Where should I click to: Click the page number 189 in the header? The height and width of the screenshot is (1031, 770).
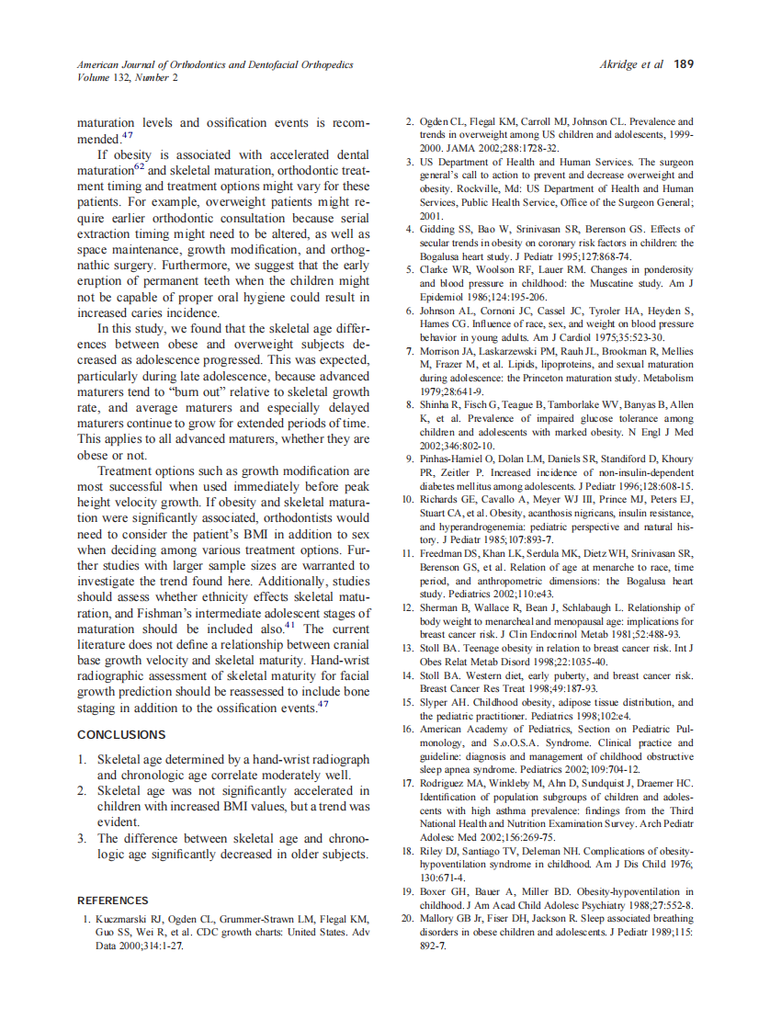(683, 65)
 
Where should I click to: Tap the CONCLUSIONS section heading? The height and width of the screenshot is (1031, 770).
(121, 734)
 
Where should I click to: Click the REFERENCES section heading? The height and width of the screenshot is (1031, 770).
(113, 901)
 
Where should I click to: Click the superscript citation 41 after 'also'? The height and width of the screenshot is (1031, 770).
(289, 626)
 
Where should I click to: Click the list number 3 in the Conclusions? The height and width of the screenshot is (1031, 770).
(82, 838)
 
